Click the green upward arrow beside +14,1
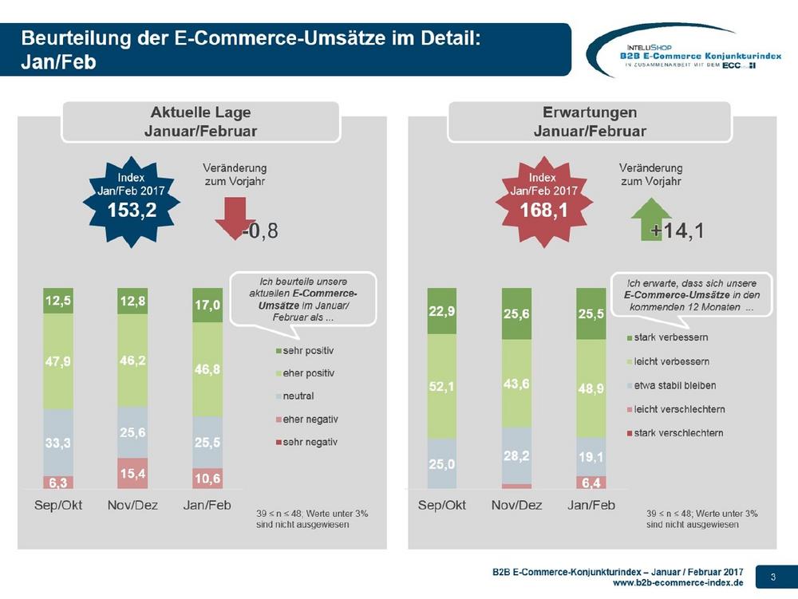click(651, 219)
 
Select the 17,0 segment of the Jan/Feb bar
click(207, 305)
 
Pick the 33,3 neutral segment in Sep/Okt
click(58, 443)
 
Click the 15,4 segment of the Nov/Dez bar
click(132, 474)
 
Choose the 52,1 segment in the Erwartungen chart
click(442, 387)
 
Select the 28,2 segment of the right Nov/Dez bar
click(516, 455)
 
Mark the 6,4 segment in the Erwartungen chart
click(591, 482)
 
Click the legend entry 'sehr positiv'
click(305, 350)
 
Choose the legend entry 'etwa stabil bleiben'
click(671, 385)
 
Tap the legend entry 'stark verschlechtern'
click(675, 433)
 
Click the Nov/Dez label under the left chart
click(132, 505)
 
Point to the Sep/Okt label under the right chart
click(442, 505)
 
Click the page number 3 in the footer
click(773, 577)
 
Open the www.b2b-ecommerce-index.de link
click(678, 583)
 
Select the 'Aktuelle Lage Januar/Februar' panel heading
click(200, 121)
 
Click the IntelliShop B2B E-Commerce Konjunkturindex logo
click(685, 51)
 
